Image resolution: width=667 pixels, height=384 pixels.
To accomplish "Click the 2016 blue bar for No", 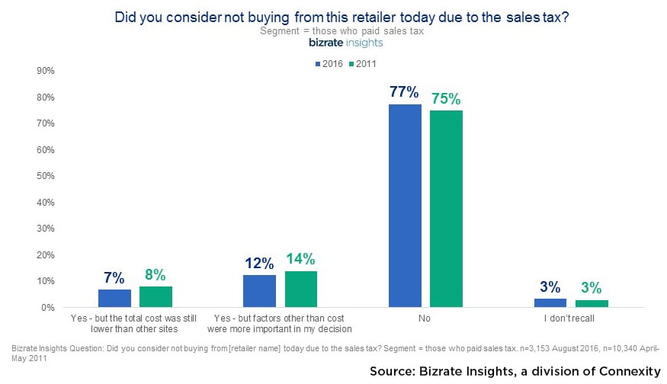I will click(x=405, y=206).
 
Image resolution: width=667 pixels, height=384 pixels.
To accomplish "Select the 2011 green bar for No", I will click(x=446, y=209).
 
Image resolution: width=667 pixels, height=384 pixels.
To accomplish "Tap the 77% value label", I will click(x=404, y=92).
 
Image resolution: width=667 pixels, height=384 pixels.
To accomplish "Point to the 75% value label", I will click(x=446, y=98).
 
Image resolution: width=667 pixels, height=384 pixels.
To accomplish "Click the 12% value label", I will click(x=259, y=263).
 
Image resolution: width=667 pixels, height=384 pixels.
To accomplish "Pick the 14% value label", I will click(x=300, y=258).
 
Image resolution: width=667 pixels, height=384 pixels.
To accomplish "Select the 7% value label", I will click(x=114, y=277).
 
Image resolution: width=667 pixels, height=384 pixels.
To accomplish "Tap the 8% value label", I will click(x=156, y=274).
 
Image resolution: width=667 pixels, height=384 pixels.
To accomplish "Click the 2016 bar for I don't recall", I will click(x=550, y=303).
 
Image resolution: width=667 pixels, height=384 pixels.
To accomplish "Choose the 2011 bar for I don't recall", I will click(x=592, y=303).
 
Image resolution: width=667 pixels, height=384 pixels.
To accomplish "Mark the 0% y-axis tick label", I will click(x=46, y=308).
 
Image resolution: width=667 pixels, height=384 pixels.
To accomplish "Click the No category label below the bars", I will click(x=425, y=318).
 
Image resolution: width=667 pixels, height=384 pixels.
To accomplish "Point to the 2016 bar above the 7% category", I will click(x=114, y=299).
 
